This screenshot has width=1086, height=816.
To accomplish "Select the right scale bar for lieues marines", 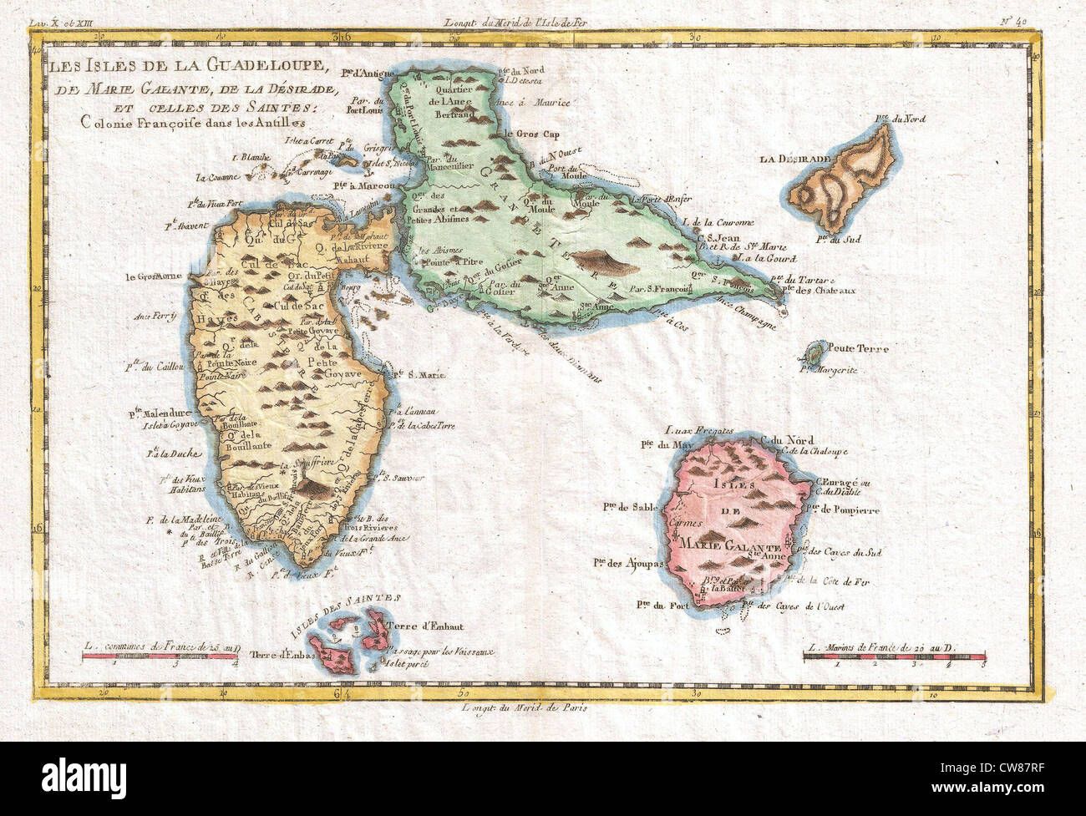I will click(894, 656).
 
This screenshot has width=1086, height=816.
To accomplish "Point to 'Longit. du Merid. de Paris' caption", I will click(524, 707).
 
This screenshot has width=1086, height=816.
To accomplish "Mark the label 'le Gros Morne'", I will click(155, 277).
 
